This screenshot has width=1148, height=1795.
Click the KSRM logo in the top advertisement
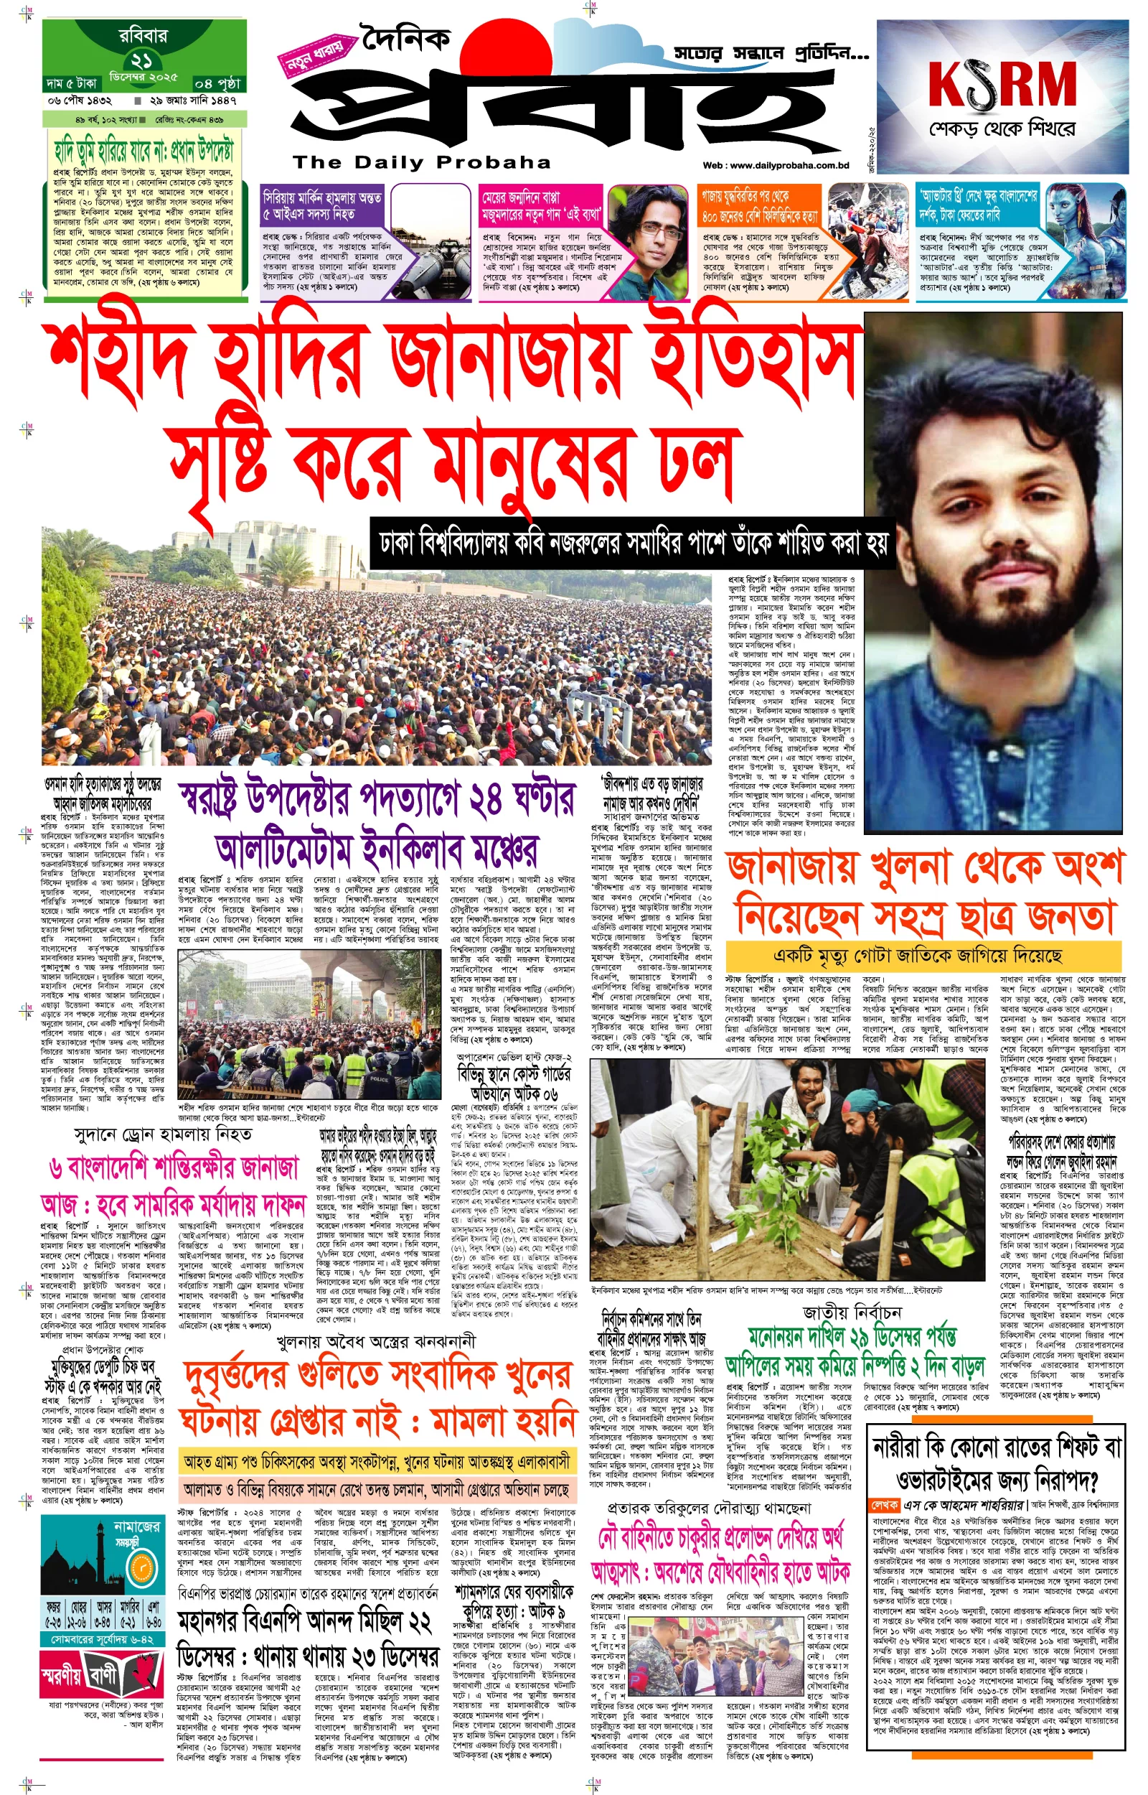click(x=1002, y=83)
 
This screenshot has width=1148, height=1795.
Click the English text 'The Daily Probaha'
click(x=422, y=162)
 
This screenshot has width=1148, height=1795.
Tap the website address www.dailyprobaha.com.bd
click(x=776, y=166)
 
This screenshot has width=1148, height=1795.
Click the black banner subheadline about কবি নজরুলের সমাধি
click(x=632, y=543)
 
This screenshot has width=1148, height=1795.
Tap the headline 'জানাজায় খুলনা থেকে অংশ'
click(x=924, y=867)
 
